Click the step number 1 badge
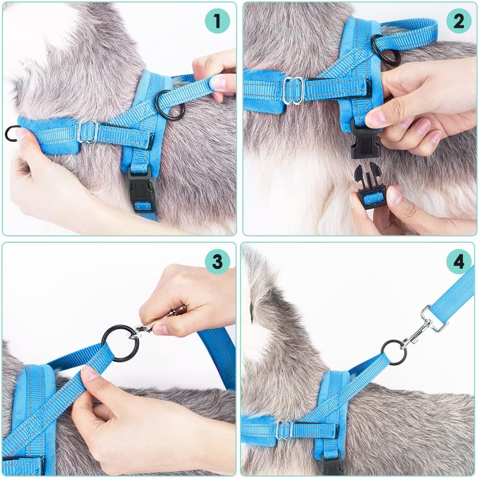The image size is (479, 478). point(217,21)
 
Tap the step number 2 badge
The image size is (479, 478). point(459,21)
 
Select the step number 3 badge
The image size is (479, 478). point(217,262)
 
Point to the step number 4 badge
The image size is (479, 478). point(459,262)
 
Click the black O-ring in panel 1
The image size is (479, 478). point(170,105)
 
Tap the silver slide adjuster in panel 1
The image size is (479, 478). point(88,132)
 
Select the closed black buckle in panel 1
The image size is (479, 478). point(142,190)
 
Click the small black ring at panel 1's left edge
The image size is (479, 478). point(12,133)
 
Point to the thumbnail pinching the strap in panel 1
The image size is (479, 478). point(218,83)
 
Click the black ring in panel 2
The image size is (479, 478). point(386,50)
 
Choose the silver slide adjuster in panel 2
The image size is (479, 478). point(294,90)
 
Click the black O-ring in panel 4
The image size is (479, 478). point(394,352)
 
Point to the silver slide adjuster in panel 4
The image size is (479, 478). point(284,429)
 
